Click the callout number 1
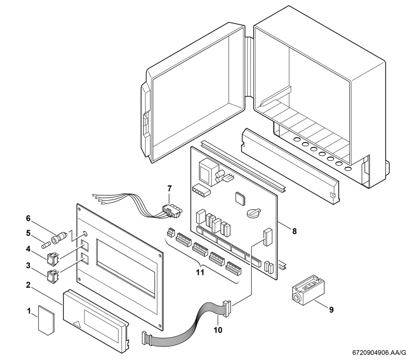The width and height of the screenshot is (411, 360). click(x=29, y=311)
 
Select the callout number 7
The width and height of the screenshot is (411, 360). click(x=169, y=188)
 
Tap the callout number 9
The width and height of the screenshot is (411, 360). click(x=331, y=310)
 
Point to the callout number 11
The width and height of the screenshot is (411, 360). click(x=200, y=272)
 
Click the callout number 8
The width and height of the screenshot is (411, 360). click(x=295, y=231)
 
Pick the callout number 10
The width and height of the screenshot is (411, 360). click(x=218, y=330)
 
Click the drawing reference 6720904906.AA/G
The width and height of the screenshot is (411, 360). click(x=379, y=353)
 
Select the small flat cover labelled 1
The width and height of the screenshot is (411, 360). click(x=46, y=320)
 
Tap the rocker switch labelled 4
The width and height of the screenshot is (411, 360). click(x=53, y=258)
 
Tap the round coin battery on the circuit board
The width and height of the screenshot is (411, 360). click(x=254, y=212)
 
